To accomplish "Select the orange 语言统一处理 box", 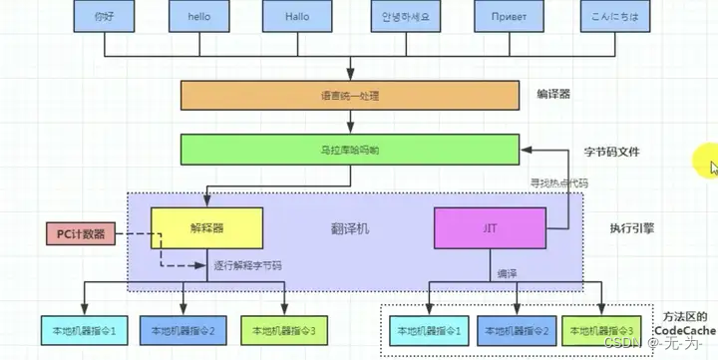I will [350, 96].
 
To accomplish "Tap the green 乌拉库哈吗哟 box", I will [350, 150].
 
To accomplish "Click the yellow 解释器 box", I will [206, 227].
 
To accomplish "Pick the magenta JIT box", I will [490, 227].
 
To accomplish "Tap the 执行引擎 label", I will [632, 227].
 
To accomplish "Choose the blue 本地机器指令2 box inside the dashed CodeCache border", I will [515, 330].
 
